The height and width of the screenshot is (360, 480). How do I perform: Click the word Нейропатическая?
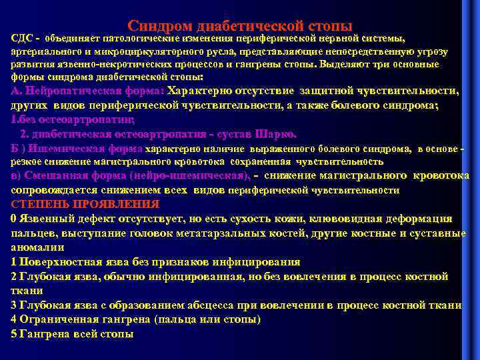pyautogui.click(x=71, y=91)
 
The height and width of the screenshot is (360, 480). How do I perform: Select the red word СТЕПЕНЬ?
pyautogui.click(x=39, y=204)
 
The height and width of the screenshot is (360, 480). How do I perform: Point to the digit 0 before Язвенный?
pyautogui.click(x=14, y=219)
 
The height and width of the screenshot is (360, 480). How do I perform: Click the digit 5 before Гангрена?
pyautogui.click(x=14, y=333)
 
